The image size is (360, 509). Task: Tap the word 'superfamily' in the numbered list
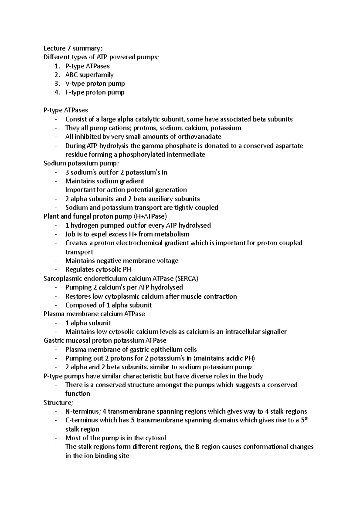click(x=96, y=75)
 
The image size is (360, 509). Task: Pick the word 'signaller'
click(x=273, y=332)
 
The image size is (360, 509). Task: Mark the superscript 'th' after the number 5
click(x=306, y=418)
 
